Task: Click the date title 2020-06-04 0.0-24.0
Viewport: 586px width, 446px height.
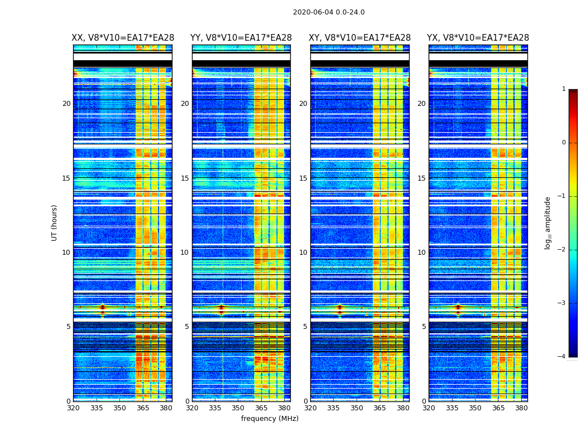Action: pyautogui.click(x=329, y=12)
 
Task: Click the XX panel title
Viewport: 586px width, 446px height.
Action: pyautogui.click(x=123, y=38)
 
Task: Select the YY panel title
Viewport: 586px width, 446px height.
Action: pyautogui.click(x=241, y=38)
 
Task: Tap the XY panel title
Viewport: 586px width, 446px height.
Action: pyautogui.click(x=360, y=38)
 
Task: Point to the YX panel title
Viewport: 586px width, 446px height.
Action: pyautogui.click(x=478, y=38)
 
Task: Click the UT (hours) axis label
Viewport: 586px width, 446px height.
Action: pyautogui.click(x=55, y=222)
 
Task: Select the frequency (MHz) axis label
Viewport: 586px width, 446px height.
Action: pyautogui.click(x=270, y=419)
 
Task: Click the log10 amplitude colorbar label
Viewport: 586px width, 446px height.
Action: pyautogui.click(x=548, y=223)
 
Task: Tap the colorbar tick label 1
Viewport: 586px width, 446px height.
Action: pyautogui.click(x=564, y=89)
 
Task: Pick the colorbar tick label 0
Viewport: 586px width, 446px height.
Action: pyautogui.click(x=564, y=143)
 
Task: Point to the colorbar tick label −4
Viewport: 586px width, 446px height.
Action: pyautogui.click(x=562, y=357)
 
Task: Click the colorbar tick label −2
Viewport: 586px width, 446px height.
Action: pyautogui.click(x=562, y=250)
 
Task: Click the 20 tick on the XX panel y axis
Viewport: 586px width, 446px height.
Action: pyautogui.click(x=66, y=104)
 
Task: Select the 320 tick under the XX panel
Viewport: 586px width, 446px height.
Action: pyautogui.click(x=73, y=408)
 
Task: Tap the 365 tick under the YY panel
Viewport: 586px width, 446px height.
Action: pyautogui.click(x=261, y=408)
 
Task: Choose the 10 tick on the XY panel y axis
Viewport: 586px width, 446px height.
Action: pyautogui.click(x=303, y=253)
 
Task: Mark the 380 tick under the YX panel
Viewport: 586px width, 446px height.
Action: pyautogui.click(x=521, y=408)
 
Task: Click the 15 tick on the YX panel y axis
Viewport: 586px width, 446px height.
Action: pyautogui.click(x=421, y=178)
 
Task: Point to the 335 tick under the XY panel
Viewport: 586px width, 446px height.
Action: pyautogui.click(x=334, y=408)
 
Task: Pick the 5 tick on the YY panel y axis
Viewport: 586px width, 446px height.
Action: pyautogui.click(x=187, y=327)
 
